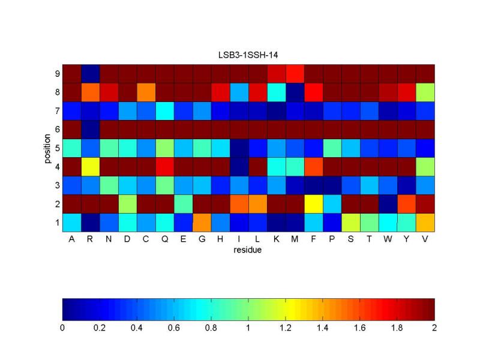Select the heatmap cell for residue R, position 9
90,74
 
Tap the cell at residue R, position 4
90,166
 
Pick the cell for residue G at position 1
202,222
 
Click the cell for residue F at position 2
313,203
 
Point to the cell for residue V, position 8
425,92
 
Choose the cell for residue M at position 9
295,74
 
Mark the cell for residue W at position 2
388,203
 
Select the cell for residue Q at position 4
164,166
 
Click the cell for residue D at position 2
127,203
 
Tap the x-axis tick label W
388,239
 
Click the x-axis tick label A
71,239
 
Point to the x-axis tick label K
276,239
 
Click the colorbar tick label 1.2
286,328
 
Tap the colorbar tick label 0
62,328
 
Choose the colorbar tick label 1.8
397,328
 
